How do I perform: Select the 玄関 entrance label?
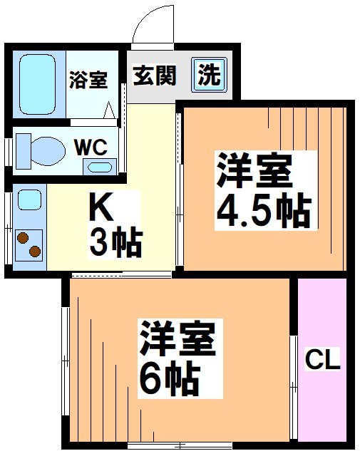click(153, 74)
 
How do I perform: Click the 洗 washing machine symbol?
click(209, 74)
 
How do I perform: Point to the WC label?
click(91, 148)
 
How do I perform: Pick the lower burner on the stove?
click(34, 251)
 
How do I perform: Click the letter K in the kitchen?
click(101, 209)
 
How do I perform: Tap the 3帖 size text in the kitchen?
click(115, 244)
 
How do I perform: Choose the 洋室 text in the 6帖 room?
click(177, 340)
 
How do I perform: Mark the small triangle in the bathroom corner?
click(109, 110)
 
